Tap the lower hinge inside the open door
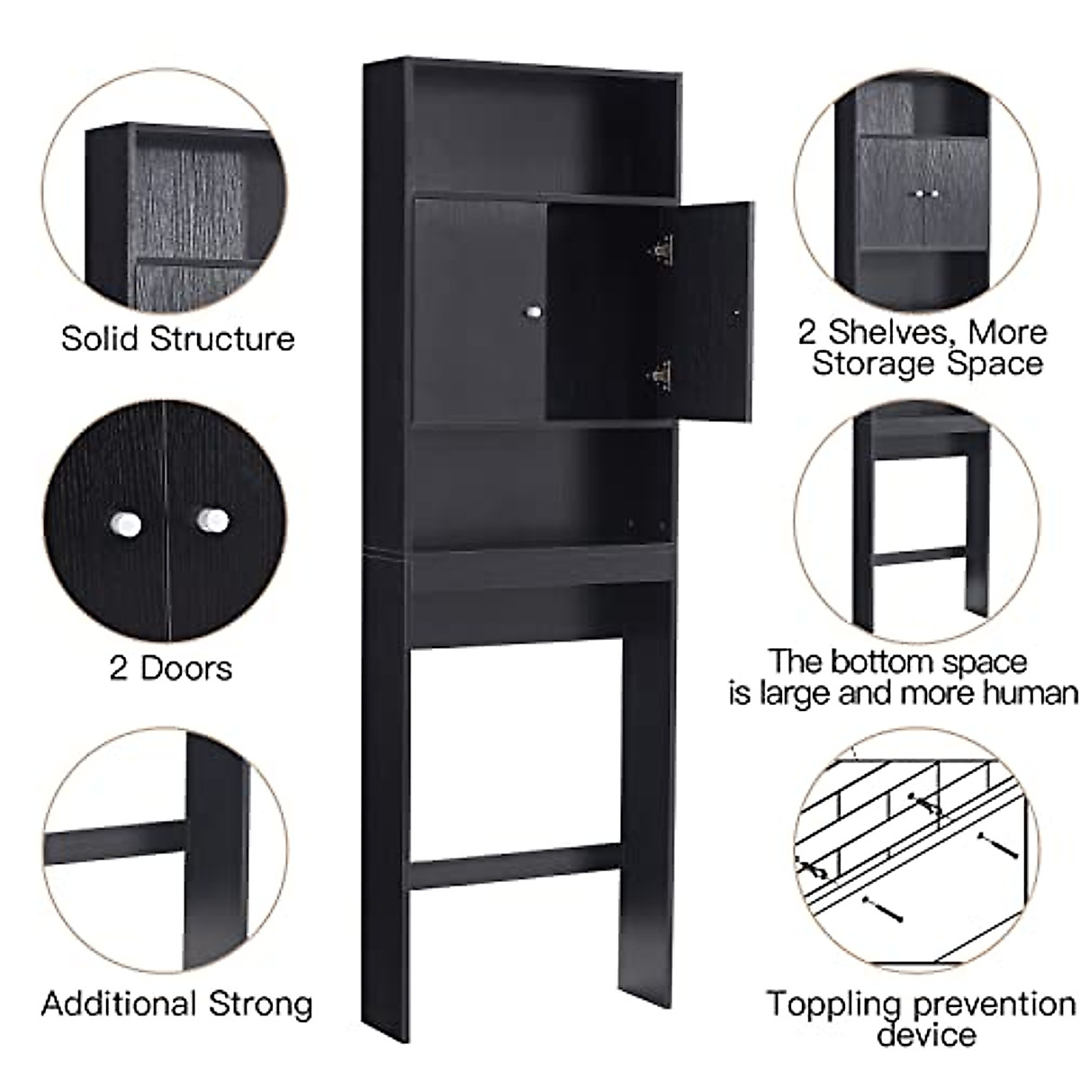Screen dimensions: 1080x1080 (x=661, y=373)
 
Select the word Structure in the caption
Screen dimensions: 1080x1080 (x=222, y=339)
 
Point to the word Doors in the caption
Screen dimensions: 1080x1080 (x=186, y=669)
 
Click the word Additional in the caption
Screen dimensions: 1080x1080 (x=120, y=1003)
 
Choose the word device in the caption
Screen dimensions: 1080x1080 (x=926, y=1035)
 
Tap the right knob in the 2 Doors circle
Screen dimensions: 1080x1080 (x=212, y=519)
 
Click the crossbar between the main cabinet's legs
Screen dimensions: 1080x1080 (x=515, y=866)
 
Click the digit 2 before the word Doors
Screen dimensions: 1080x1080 (x=118, y=669)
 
